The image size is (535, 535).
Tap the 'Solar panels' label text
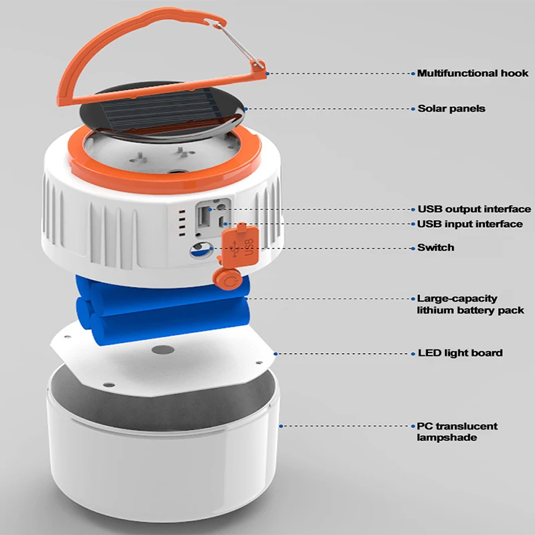tap(451, 108)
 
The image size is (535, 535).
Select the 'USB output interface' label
tap(474, 209)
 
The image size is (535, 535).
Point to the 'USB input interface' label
tap(470, 224)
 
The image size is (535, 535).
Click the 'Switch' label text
tap(435, 247)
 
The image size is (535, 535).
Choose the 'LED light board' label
tap(459, 352)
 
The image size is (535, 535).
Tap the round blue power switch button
tap(199, 250)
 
